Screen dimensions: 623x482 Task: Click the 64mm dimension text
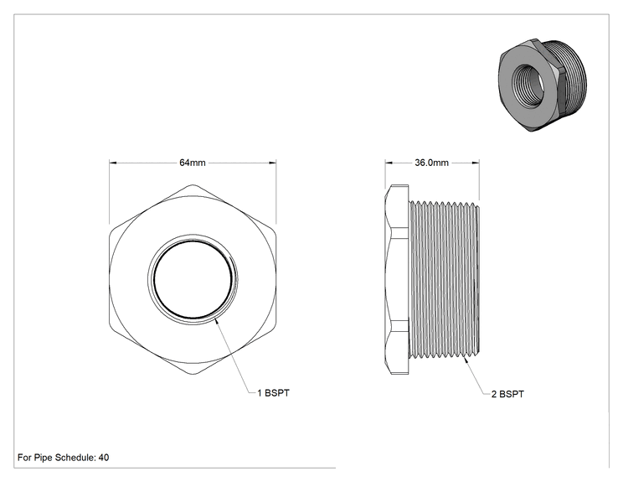(193, 163)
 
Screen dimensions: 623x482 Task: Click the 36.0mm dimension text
(431, 163)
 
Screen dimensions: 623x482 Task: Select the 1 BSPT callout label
(273, 393)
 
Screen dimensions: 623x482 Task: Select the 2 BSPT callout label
(507, 394)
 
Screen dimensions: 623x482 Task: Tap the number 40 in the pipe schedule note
(104, 458)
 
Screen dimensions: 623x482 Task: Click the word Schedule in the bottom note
(75, 458)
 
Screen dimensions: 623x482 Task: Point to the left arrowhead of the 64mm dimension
(113, 163)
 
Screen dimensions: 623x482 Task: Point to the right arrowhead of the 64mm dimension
(273, 163)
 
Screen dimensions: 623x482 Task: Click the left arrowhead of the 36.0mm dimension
(389, 163)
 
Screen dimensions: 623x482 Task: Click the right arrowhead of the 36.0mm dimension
(475, 163)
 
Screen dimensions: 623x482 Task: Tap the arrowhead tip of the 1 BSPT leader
(215, 319)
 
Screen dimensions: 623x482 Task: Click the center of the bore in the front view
(193, 279)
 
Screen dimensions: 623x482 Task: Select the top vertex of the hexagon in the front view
(193, 185)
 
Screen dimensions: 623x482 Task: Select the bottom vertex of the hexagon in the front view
(193, 373)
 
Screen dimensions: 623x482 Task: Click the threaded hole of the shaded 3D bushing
(528, 80)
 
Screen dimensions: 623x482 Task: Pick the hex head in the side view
(397, 279)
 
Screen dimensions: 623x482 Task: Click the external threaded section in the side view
(444, 279)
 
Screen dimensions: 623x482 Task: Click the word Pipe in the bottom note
(43, 458)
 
